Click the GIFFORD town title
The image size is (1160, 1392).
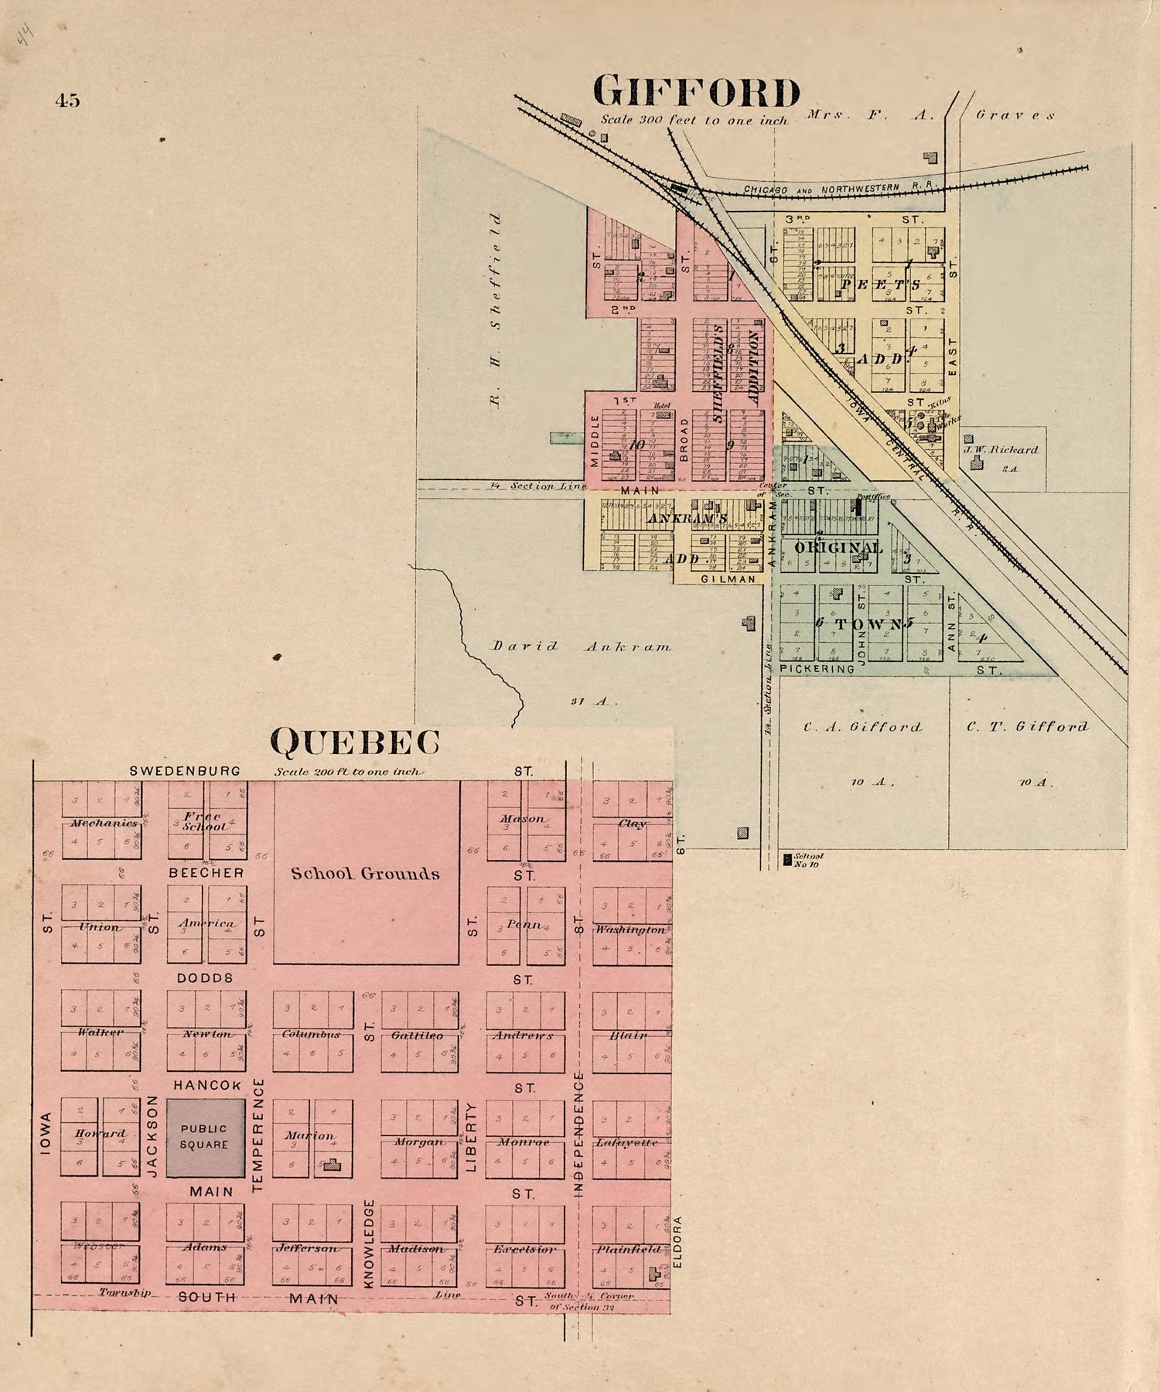tap(696, 93)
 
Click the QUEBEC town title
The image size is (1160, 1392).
tap(355, 742)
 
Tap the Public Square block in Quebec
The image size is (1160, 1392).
tap(205, 1138)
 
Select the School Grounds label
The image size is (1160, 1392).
tap(365, 874)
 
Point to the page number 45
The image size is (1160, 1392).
tap(68, 100)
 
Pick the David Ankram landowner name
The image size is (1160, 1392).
tap(582, 647)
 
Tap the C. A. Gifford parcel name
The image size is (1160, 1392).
tap(862, 727)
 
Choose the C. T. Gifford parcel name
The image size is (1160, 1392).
tap(1027, 726)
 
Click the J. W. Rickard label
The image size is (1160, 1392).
tap(1001, 449)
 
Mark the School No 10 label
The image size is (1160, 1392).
tap(807, 860)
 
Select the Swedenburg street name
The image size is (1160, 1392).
tap(185, 771)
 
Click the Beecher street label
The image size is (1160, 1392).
tap(206, 872)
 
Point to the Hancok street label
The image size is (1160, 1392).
tap(207, 1086)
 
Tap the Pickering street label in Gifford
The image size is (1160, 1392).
tap(817, 669)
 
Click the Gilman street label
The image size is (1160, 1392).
tap(728, 578)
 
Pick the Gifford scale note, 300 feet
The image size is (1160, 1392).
tap(694, 121)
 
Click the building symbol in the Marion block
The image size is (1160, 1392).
tap(333, 1164)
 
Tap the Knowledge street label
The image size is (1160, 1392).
tap(370, 1244)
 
